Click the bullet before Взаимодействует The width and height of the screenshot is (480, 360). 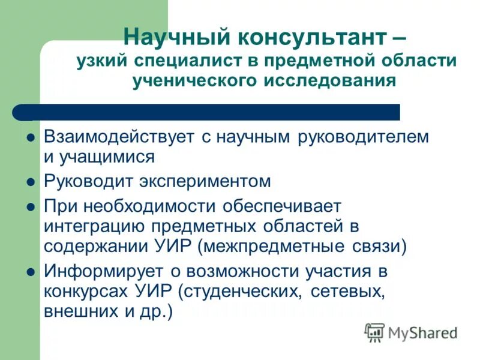pos(31,137)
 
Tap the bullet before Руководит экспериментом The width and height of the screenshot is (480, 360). pos(31,181)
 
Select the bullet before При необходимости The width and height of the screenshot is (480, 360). pos(31,206)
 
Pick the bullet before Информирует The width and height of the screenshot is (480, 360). pos(31,272)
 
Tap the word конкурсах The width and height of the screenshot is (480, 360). pos(86,292)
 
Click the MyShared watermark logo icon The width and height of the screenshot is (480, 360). pos(374,331)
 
